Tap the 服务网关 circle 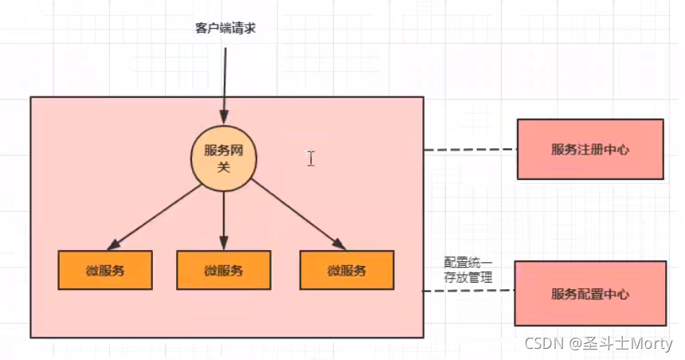pyautogui.click(x=224, y=158)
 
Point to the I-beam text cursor pyautogui.click(x=310, y=158)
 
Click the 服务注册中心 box pyautogui.click(x=589, y=149)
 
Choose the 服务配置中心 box pyautogui.click(x=589, y=294)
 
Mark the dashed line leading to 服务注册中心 pyautogui.click(x=470, y=150)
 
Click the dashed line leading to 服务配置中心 pyautogui.click(x=468, y=292)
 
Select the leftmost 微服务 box pyautogui.click(x=104, y=271)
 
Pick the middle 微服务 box pyautogui.click(x=223, y=271)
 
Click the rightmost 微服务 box pyautogui.click(x=346, y=271)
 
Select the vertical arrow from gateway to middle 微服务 pyautogui.click(x=224, y=219)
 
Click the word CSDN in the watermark pyautogui.click(x=542, y=344)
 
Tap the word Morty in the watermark pyautogui.click(x=650, y=344)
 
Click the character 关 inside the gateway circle pyautogui.click(x=224, y=166)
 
